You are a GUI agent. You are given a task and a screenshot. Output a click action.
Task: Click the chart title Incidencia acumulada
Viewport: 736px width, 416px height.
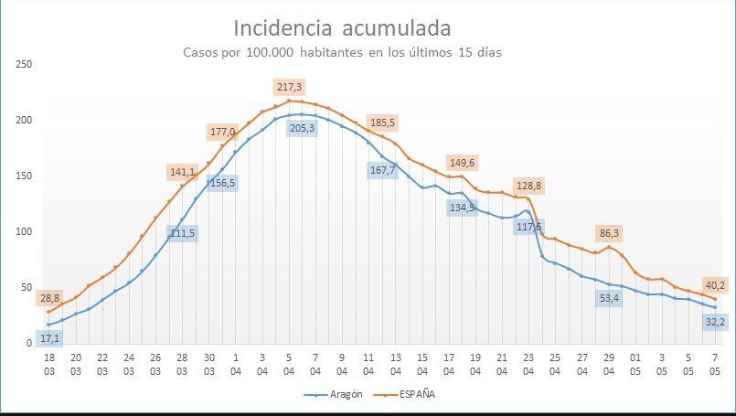341,28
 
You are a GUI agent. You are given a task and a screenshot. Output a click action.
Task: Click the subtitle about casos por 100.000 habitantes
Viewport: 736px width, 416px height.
342,52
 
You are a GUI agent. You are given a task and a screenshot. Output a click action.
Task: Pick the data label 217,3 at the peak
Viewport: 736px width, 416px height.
289,87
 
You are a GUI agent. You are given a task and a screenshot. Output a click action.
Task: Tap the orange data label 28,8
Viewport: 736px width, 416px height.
49,298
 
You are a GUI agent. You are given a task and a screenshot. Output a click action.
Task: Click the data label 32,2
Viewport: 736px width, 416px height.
714,321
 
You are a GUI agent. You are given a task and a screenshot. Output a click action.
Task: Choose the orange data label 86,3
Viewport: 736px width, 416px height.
609,233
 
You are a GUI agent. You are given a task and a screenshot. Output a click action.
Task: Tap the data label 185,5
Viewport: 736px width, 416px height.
383,123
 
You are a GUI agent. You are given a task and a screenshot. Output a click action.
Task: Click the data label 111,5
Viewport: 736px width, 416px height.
182,233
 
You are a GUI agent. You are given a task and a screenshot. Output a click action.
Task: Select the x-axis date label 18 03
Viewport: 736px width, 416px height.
49,365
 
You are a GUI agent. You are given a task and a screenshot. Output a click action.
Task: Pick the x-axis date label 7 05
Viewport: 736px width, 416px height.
715,365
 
